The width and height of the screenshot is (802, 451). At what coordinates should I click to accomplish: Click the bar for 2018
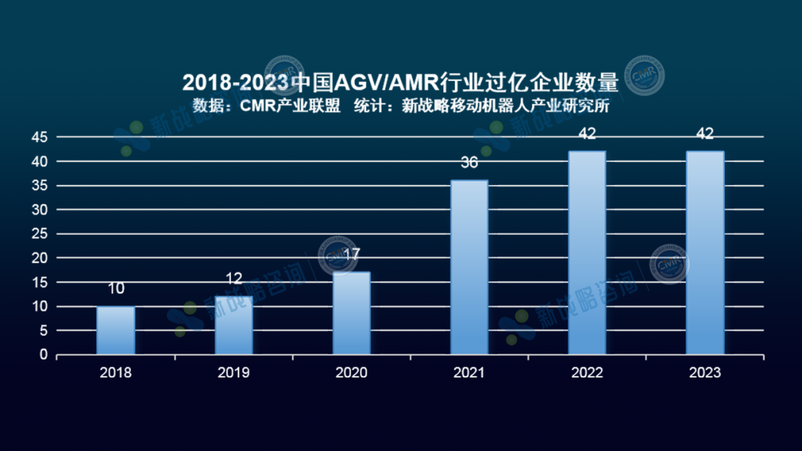tap(116, 331)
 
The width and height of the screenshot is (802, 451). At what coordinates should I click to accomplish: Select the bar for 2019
tap(234, 325)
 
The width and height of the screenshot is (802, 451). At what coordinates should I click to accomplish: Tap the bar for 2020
tap(351, 314)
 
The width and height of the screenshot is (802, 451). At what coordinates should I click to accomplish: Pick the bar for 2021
tap(469, 267)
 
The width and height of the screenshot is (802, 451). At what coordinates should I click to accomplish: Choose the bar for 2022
tap(587, 253)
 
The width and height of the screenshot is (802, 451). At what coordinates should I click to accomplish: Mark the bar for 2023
tap(705, 253)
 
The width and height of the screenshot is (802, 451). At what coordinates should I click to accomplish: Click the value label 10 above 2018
tap(116, 289)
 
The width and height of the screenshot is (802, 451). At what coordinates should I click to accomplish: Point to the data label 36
tap(469, 162)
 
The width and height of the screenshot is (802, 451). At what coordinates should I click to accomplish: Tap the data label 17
tap(351, 254)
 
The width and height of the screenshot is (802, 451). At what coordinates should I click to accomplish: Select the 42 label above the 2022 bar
tap(587, 134)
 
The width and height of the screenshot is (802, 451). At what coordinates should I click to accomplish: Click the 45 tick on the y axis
tap(39, 137)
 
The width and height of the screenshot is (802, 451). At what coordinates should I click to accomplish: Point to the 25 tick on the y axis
tap(39, 234)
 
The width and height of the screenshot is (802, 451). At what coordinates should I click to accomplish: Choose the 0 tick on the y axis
tap(44, 355)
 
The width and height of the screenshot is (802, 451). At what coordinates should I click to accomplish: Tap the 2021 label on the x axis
tap(469, 372)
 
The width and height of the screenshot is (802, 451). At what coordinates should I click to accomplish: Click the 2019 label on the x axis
tap(234, 372)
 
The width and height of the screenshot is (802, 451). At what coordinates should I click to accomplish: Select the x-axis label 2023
tap(705, 372)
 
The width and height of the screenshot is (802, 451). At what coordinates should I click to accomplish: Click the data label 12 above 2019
tap(234, 279)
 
